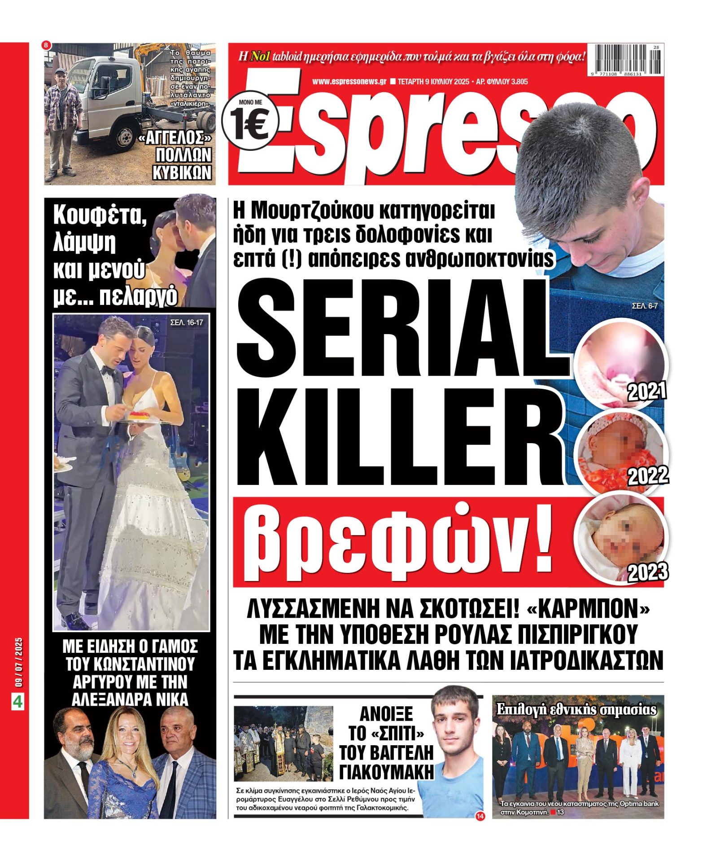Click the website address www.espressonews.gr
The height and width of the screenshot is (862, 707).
349,82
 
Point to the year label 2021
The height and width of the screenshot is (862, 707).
646,392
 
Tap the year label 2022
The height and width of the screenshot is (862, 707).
647,475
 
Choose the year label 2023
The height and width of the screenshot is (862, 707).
647,572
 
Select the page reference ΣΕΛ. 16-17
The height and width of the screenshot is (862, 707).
186,322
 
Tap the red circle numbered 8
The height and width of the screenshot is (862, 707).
47,45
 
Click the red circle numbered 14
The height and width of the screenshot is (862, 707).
480,816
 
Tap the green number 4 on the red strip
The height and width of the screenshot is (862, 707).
17,701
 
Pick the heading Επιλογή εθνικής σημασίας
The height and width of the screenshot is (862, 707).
576,709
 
